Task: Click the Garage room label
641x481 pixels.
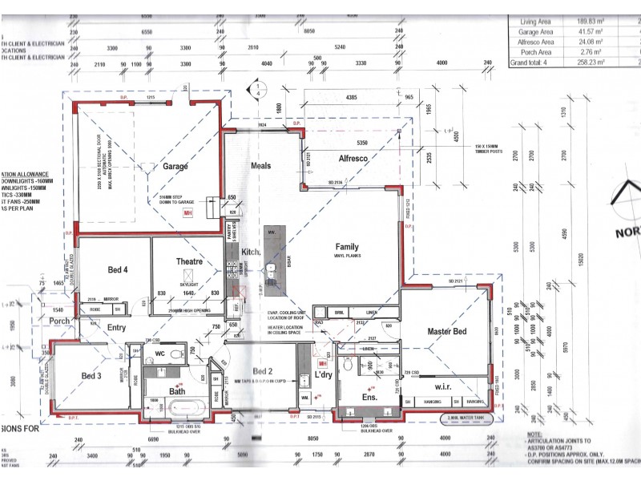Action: click(x=175, y=166)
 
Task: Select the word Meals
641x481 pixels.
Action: click(x=260, y=166)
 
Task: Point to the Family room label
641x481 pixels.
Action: click(x=347, y=247)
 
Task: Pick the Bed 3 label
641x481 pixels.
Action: click(x=91, y=375)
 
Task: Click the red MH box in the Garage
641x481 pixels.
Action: click(x=188, y=213)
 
